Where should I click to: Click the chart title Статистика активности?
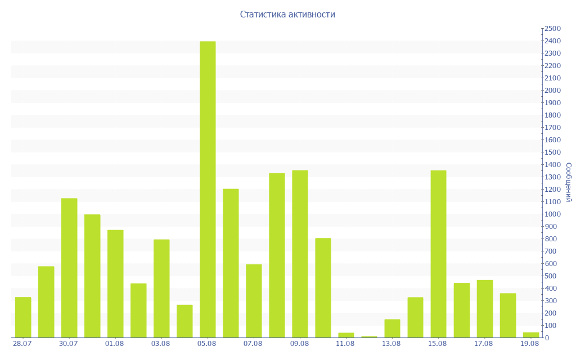pyautogui.click(x=287, y=14)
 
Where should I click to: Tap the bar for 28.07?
pyautogui.click(x=23, y=317)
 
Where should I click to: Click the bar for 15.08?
pyautogui.click(x=438, y=254)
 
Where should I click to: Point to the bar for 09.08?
pyautogui.click(x=300, y=254)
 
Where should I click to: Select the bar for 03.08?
pyautogui.click(x=161, y=289)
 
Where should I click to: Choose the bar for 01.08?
pyautogui.click(x=115, y=283)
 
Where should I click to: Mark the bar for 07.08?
pyautogui.click(x=254, y=301)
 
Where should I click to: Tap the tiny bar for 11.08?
pyautogui.click(x=346, y=335)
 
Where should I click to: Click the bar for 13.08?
pyautogui.click(x=392, y=328)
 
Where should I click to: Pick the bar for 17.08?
pyautogui.click(x=484, y=309)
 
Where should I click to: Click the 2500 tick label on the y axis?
pyautogui.click(x=553, y=29)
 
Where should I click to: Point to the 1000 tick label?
pyautogui.click(x=553, y=214)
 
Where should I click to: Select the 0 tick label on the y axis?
pyautogui.click(x=547, y=338)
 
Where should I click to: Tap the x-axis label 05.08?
pyautogui.click(x=207, y=344)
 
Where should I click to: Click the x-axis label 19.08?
pyautogui.click(x=530, y=344)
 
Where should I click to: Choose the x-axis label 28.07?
pyautogui.click(x=22, y=344)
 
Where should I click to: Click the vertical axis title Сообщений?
pyautogui.click(x=569, y=182)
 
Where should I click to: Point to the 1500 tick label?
pyautogui.click(x=553, y=152)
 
